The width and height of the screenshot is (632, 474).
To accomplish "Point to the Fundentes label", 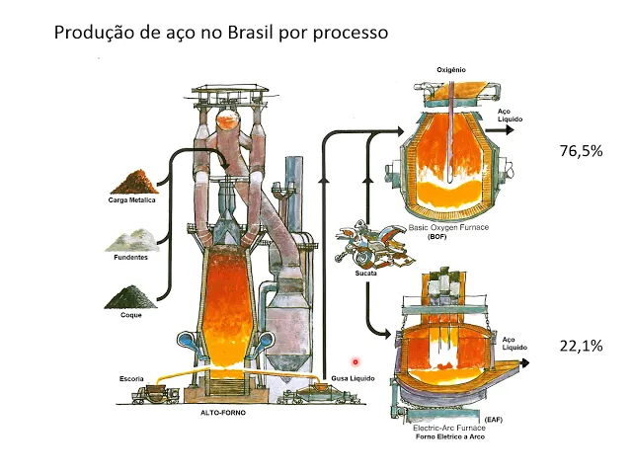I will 131,257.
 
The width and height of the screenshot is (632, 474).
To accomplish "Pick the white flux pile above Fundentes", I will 131,238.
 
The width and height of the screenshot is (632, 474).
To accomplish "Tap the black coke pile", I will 131,295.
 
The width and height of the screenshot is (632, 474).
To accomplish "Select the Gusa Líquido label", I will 354,378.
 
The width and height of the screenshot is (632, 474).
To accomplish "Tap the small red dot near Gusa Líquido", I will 355,361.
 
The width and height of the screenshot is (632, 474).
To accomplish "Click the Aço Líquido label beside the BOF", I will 511,116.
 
